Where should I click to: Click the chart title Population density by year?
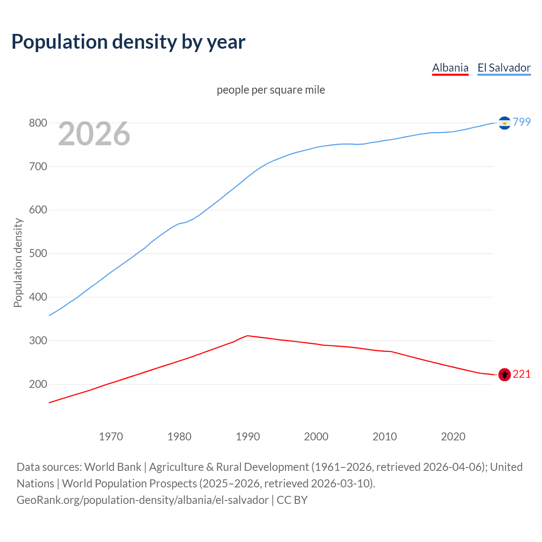click(x=128, y=41)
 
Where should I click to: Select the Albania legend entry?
click(x=450, y=68)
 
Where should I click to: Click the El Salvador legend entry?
click(x=504, y=68)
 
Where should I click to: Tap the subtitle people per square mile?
click(x=271, y=90)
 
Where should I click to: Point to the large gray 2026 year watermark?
click(x=94, y=134)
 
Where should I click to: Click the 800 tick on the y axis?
click(x=38, y=123)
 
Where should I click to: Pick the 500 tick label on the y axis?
click(x=38, y=254)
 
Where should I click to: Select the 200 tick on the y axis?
click(x=38, y=384)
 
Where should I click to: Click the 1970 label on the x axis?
click(x=111, y=437)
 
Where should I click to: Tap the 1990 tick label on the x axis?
click(x=248, y=437)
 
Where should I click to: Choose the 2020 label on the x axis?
click(x=453, y=437)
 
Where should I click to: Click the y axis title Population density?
click(x=18, y=263)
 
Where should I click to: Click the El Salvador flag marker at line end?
click(x=504, y=123)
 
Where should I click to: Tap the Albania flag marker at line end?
click(x=504, y=374)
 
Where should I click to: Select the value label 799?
click(x=522, y=122)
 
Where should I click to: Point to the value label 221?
click(x=522, y=374)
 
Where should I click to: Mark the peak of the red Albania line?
click(x=248, y=336)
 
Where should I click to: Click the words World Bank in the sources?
click(x=113, y=467)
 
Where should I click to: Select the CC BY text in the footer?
click(x=292, y=500)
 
